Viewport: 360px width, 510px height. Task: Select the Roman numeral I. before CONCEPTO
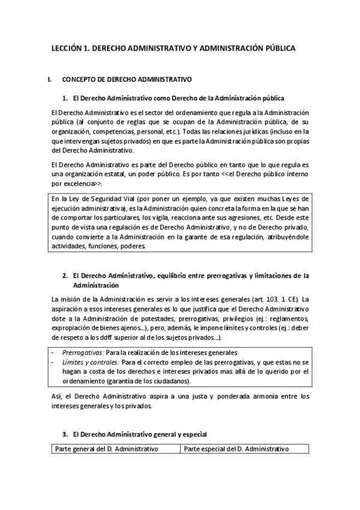(x=50, y=79)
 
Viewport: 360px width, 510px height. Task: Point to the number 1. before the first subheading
(x=66, y=97)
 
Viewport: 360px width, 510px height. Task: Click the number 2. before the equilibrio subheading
(x=66, y=276)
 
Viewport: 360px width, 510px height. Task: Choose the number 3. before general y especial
(x=66, y=433)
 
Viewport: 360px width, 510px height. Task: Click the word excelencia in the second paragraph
(x=77, y=183)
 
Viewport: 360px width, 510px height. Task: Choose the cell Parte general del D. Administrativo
(x=106, y=449)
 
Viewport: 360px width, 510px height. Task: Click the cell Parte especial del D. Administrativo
(x=236, y=449)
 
